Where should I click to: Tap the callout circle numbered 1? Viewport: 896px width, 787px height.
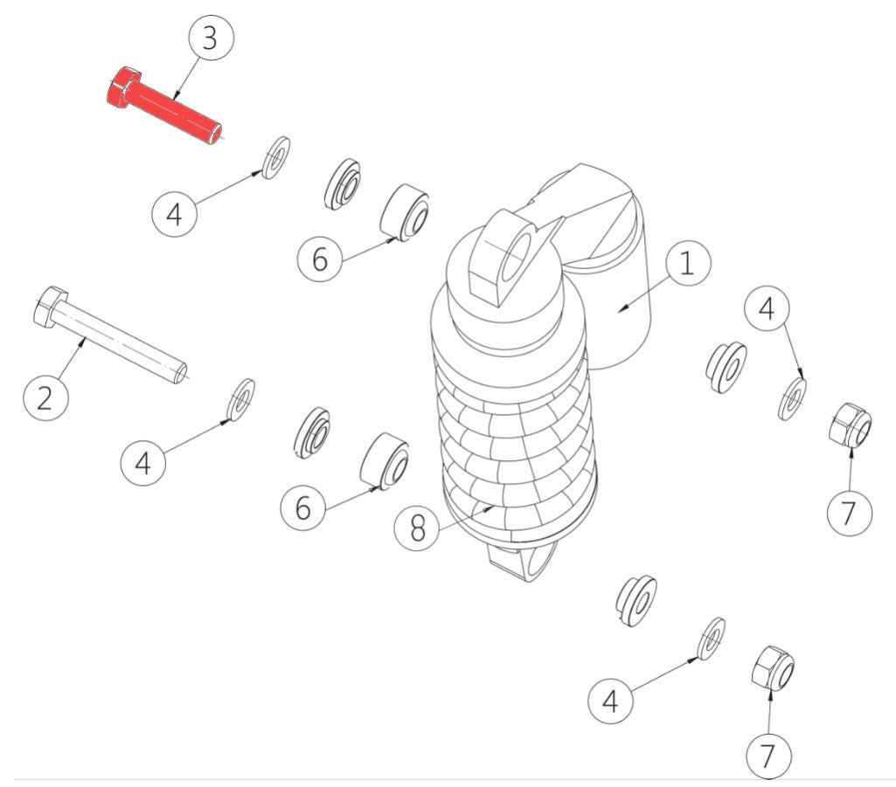[x=687, y=264]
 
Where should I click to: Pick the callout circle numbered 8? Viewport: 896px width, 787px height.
[x=418, y=528]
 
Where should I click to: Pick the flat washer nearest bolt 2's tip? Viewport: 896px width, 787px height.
[x=240, y=400]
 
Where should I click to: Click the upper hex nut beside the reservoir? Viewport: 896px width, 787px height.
[x=849, y=425]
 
